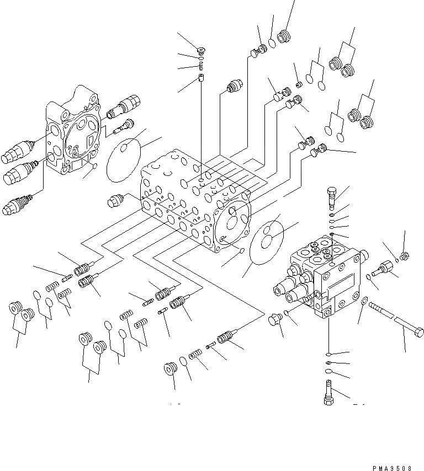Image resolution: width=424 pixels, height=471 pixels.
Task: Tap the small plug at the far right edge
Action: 406,255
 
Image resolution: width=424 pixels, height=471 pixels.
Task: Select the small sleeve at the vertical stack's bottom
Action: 202,78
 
